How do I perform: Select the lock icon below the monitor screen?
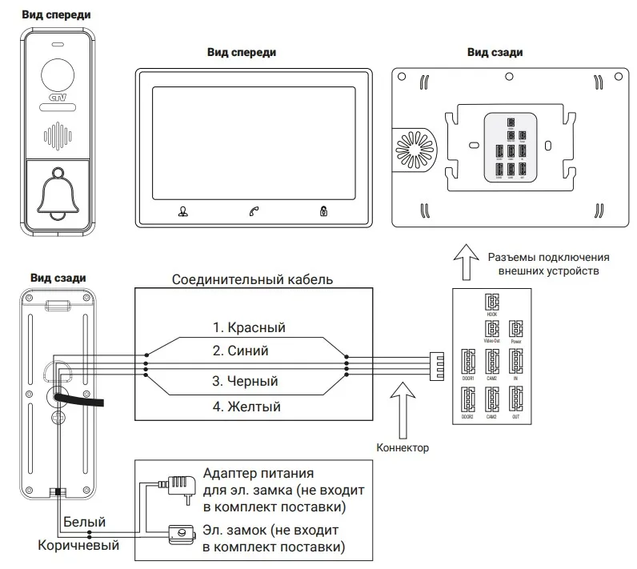click(x=323, y=212)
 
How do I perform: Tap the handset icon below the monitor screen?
click(x=254, y=212)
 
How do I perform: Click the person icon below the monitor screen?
click(x=182, y=212)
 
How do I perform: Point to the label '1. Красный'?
click(x=249, y=327)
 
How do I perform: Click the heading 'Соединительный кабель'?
click(x=253, y=280)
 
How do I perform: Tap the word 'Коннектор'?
click(x=403, y=448)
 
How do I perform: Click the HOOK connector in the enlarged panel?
click(x=491, y=302)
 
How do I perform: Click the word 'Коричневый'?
click(x=78, y=546)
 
